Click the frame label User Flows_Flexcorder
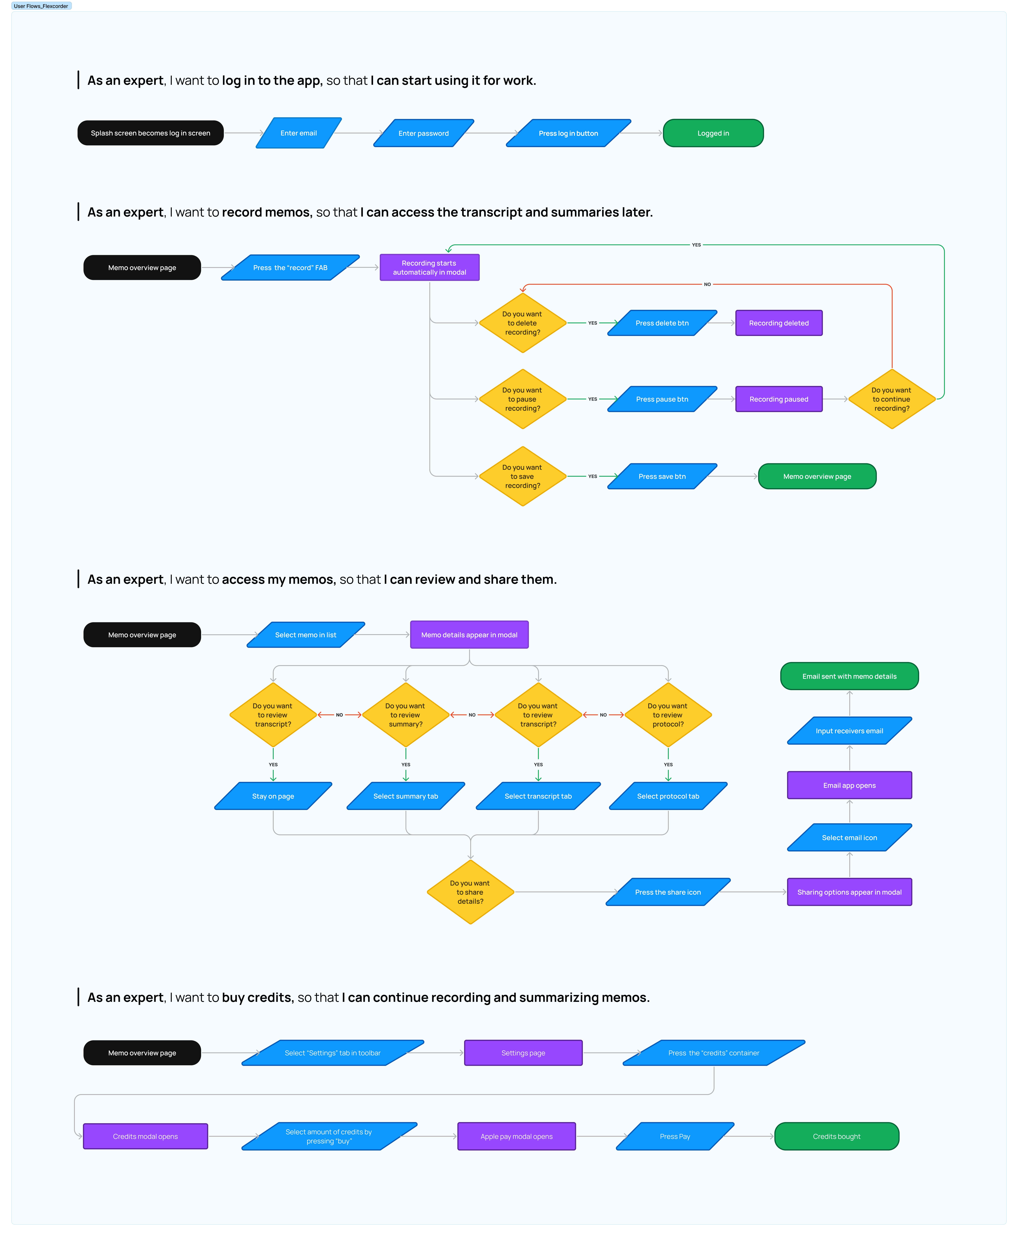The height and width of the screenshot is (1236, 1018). (41, 6)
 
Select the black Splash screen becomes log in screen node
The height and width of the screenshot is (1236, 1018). (150, 133)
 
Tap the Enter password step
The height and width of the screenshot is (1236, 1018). (423, 133)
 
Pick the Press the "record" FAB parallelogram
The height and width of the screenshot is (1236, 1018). (290, 267)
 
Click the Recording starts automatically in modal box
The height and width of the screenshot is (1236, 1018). (429, 267)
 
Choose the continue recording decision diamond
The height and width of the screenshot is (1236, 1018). (891, 399)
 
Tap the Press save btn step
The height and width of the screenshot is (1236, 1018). (662, 476)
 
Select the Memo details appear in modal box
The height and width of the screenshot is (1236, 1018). (469, 634)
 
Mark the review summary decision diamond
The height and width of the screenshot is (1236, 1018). (405, 715)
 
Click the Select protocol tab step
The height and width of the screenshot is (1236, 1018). (668, 796)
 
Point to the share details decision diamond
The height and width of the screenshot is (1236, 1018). (470, 892)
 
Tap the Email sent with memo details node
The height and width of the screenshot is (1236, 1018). (849, 676)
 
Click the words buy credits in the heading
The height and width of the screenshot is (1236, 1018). (257, 997)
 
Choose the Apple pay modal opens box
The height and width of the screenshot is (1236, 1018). (516, 1136)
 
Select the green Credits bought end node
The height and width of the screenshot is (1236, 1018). (836, 1136)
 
